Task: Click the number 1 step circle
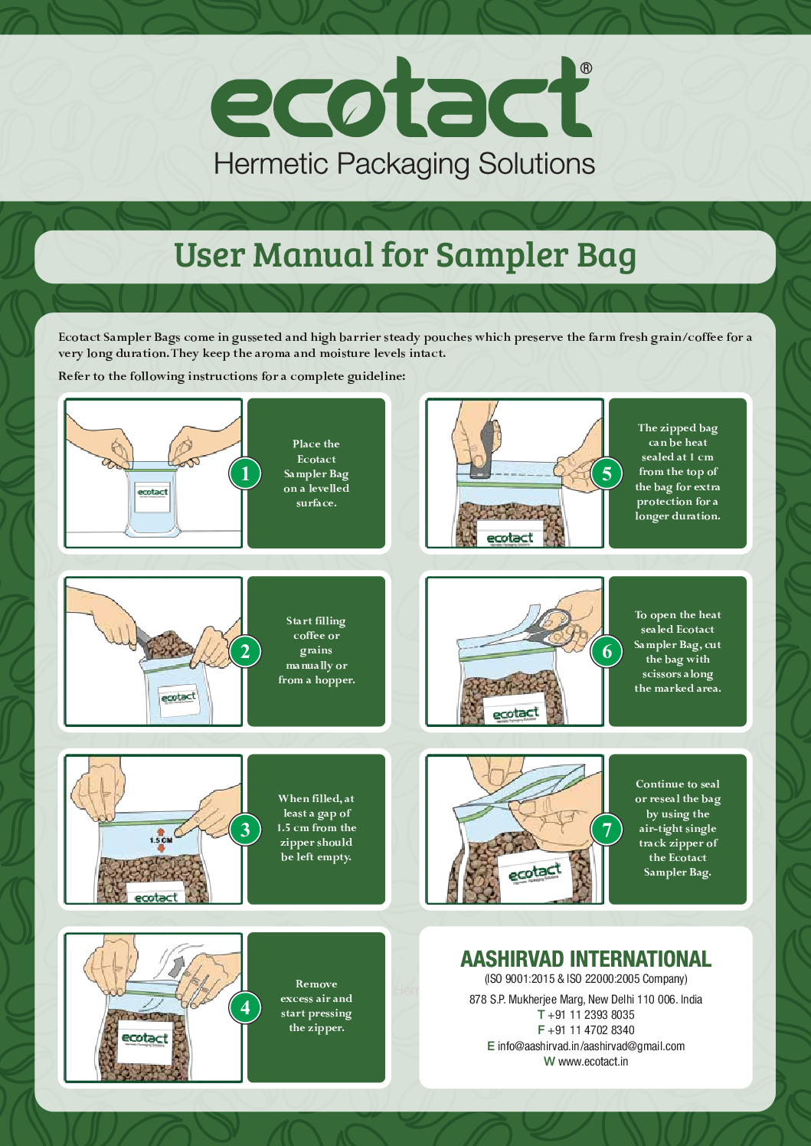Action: click(245, 473)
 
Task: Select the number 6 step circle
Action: click(607, 651)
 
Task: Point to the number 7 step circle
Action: click(607, 830)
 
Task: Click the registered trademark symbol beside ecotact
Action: click(586, 68)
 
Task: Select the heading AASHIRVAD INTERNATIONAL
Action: click(586, 959)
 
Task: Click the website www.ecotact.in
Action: click(593, 1061)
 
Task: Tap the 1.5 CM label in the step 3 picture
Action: click(161, 840)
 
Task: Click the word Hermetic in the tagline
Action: click(271, 164)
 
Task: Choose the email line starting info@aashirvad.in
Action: click(586, 1046)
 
